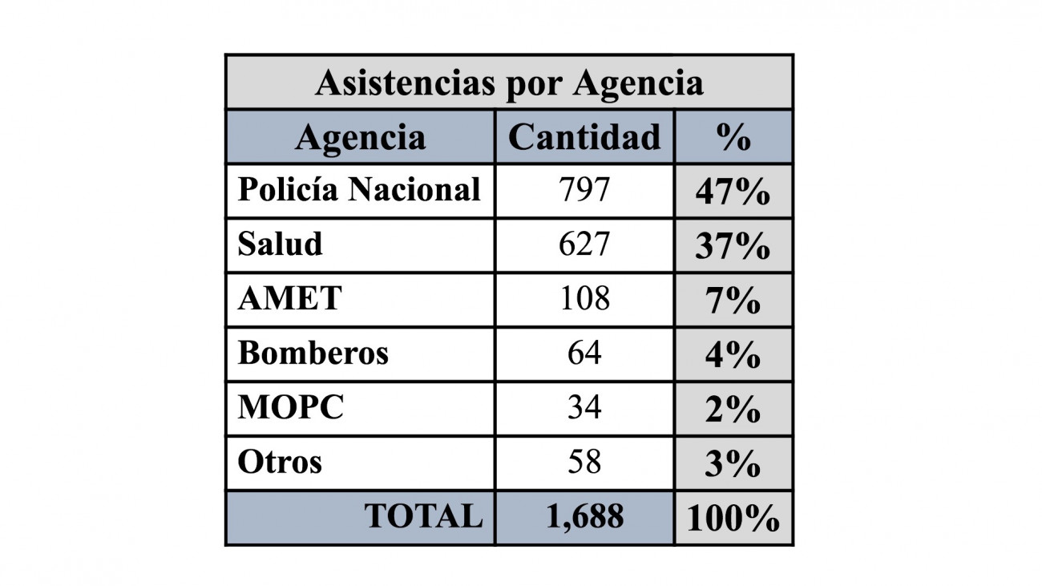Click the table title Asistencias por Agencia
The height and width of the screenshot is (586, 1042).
(x=509, y=83)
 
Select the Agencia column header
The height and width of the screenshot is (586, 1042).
(x=360, y=137)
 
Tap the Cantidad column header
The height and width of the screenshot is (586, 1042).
(x=584, y=137)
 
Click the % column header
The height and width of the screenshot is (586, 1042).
(x=733, y=137)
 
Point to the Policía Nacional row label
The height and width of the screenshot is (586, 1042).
(x=359, y=190)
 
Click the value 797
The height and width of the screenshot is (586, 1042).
(x=584, y=190)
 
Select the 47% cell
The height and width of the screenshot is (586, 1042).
(x=733, y=192)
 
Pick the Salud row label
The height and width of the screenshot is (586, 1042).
(x=281, y=244)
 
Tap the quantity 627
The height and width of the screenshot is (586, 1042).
(x=584, y=245)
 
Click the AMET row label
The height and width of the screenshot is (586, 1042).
(x=289, y=298)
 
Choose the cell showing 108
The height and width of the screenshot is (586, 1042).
(x=584, y=299)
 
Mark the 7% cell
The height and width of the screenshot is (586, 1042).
(x=733, y=301)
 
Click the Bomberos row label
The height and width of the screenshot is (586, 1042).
(x=313, y=353)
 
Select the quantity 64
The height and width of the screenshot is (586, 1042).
(x=584, y=353)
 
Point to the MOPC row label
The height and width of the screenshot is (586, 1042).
(x=291, y=407)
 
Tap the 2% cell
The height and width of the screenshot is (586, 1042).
(x=733, y=410)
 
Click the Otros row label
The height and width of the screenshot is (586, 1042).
(x=280, y=462)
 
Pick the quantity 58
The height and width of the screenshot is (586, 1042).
(x=584, y=462)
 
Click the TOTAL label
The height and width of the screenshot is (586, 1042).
(x=424, y=516)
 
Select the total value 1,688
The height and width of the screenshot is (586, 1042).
(x=584, y=517)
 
